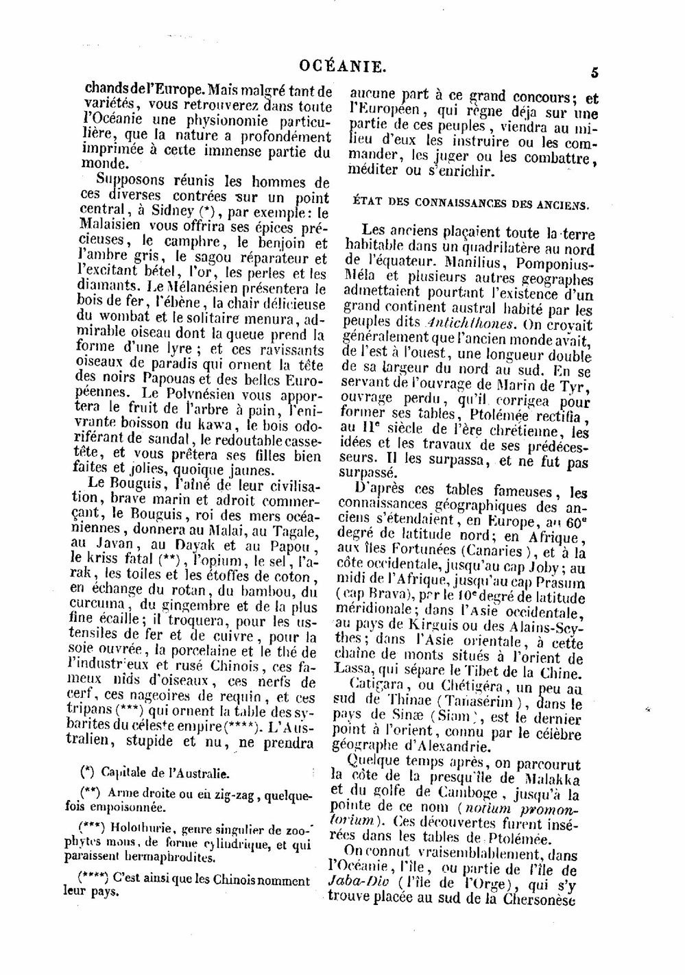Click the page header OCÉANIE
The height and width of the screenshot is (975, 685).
(343, 67)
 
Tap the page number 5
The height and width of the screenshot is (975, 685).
(594, 72)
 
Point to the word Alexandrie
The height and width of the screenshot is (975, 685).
(447, 746)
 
